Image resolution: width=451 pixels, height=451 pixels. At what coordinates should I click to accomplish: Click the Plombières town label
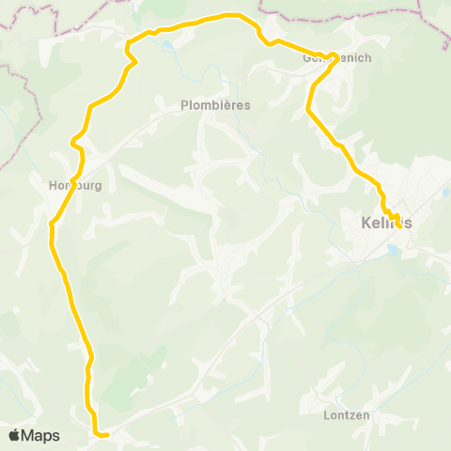click(215, 105)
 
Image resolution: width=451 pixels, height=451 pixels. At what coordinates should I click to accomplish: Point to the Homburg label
click(74, 185)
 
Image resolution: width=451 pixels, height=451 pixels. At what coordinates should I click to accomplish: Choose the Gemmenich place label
click(337, 58)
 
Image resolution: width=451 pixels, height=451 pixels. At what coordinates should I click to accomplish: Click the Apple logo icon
click(14, 435)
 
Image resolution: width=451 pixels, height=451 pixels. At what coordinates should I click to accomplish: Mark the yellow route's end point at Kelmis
click(399, 225)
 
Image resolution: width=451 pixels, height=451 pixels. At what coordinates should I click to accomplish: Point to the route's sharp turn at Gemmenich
click(335, 55)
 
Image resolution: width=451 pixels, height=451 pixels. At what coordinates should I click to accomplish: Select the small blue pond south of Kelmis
click(393, 248)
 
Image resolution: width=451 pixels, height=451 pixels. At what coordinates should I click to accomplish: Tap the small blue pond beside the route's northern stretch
click(166, 43)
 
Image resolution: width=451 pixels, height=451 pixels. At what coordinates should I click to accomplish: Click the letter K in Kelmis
click(365, 223)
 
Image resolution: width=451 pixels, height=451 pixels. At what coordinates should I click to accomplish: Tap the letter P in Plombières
click(184, 105)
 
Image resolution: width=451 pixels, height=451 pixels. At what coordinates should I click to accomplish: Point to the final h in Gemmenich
click(368, 58)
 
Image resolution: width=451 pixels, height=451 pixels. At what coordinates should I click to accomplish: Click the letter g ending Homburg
click(97, 186)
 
